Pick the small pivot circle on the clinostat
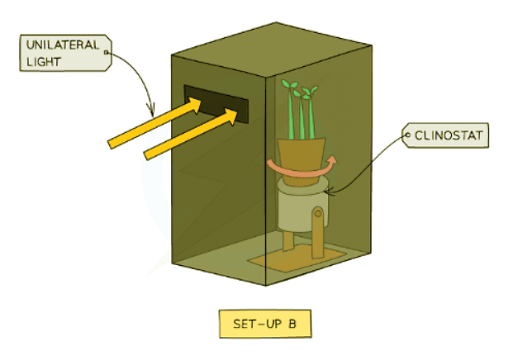pyautogui.click(x=318, y=216)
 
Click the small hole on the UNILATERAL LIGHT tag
pyautogui.click(x=106, y=53)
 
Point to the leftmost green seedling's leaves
pyautogui.click(x=289, y=86)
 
